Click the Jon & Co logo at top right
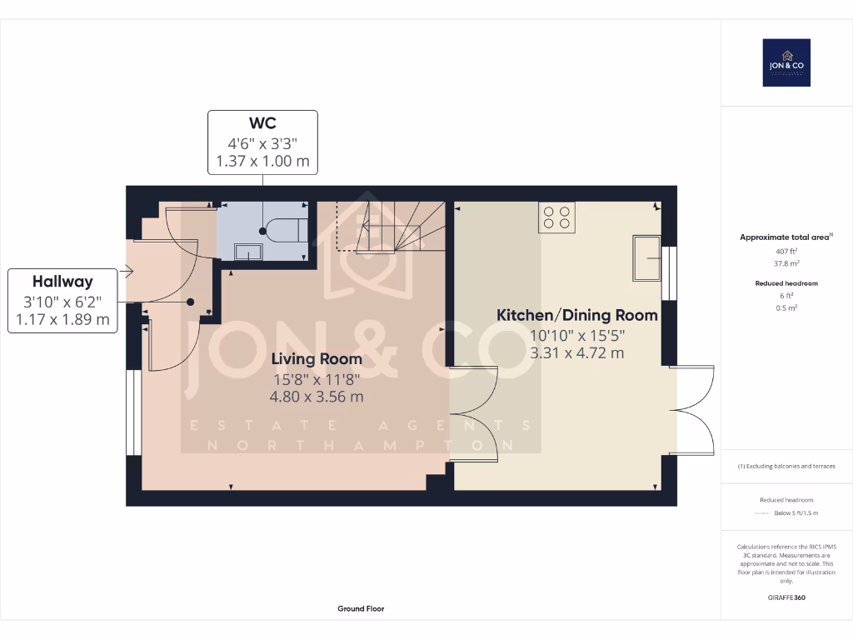786,62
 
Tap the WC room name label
262,123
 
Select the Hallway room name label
62,282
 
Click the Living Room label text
317,359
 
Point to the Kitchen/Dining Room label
577,316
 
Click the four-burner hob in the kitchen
557,217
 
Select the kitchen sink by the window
646,259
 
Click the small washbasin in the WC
249,251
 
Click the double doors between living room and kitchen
473,413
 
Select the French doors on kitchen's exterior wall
691,408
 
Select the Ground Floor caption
361,609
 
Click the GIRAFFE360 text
786,597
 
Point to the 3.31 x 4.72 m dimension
577,352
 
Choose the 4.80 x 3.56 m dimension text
317,397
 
